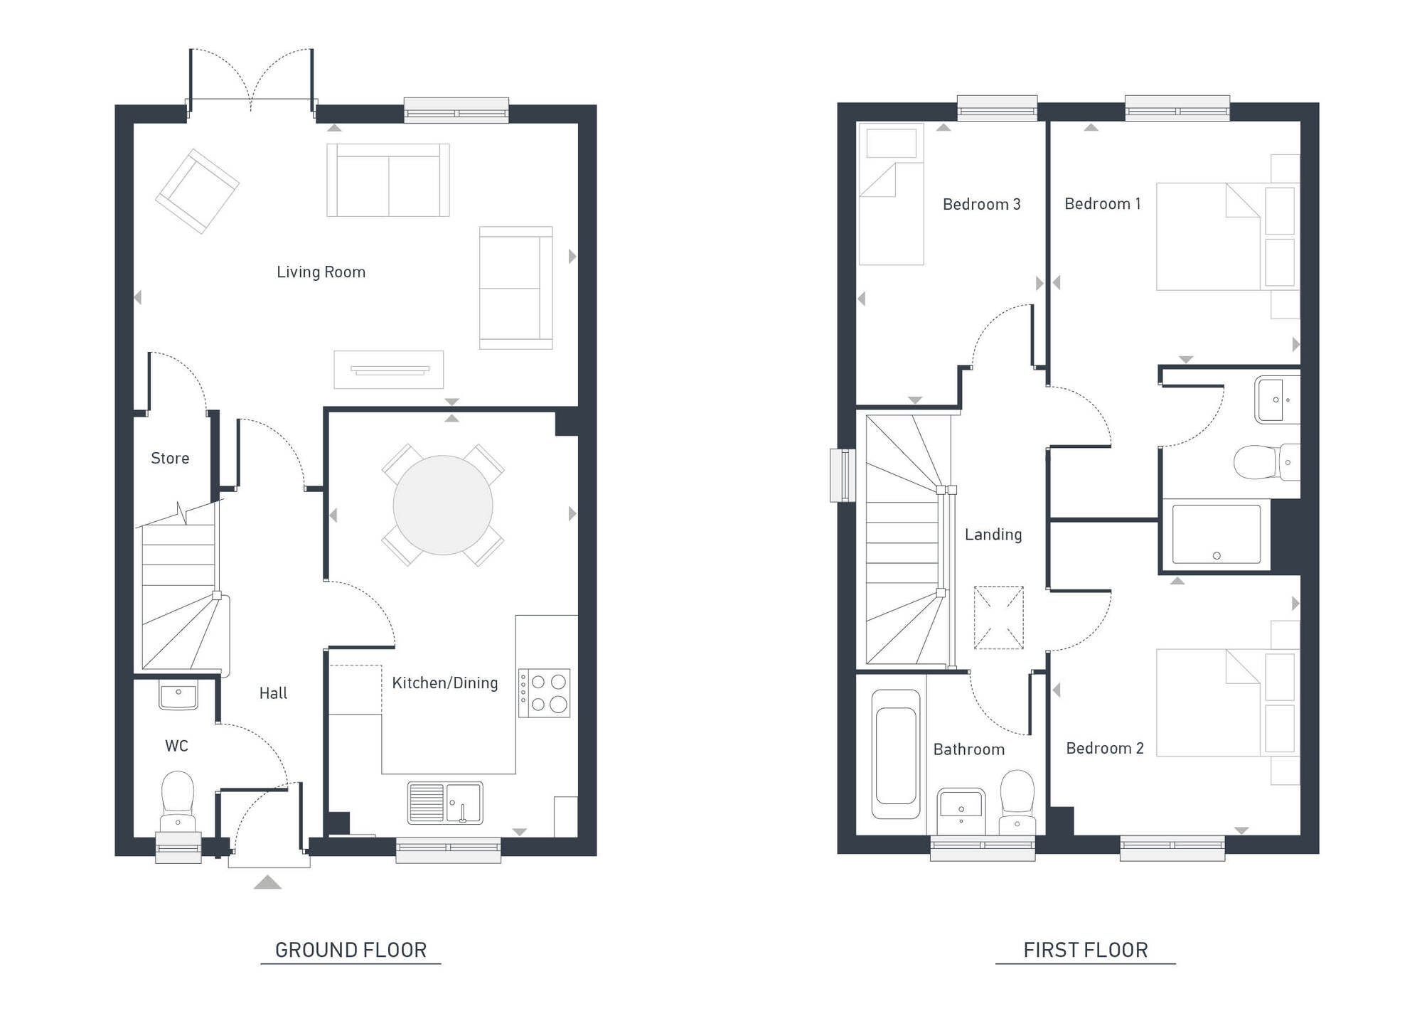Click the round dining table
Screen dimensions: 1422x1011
tap(442, 505)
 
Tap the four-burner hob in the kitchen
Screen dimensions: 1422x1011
tap(544, 692)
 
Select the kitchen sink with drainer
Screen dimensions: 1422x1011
tap(445, 803)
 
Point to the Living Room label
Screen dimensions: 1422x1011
tap(321, 272)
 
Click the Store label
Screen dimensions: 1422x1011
tap(170, 459)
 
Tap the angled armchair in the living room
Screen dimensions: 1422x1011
tap(197, 191)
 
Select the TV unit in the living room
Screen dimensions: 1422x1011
tap(389, 370)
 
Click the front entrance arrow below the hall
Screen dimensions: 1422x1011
tap(267, 882)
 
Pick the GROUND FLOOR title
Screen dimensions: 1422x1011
tap(351, 950)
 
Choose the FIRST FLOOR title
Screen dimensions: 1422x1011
tap(1085, 950)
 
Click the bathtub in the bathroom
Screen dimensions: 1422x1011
tap(896, 754)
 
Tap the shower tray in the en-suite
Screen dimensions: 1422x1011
tap(1216, 534)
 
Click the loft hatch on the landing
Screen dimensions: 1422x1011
tap(998, 617)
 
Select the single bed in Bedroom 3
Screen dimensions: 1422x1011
tap(891, 194)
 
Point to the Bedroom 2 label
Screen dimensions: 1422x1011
tap(1105, 748)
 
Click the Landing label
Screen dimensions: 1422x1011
tap(993, 535)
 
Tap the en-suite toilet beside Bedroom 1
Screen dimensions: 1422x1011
tap(1266, 462)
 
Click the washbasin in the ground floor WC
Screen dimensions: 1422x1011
tap(178, 696)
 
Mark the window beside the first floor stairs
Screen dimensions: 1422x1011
tap(843, 475)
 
